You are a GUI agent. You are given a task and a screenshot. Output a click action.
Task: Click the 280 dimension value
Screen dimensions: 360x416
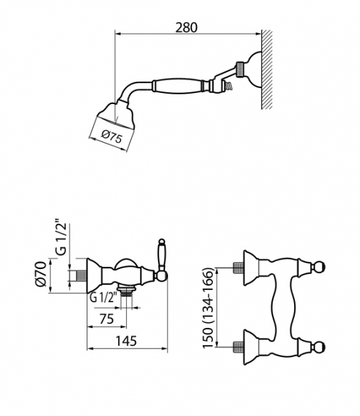tap(187, 27)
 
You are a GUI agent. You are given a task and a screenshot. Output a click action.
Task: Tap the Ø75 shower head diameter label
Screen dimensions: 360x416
tap(112, 137)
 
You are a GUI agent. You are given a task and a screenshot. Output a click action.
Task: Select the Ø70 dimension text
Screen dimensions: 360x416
tap(41, 274)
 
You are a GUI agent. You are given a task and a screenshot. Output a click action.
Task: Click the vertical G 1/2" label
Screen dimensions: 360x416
tap(61, 237)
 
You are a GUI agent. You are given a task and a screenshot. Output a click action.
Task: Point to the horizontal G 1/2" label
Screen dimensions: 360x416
tap(104, 297)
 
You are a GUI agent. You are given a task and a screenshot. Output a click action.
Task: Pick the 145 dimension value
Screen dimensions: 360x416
tap(126, 340)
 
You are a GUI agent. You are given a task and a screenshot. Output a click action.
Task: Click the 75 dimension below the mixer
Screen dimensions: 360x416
tap(106, 319)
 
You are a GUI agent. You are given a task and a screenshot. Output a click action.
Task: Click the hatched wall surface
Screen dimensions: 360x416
tap(267, 69)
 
